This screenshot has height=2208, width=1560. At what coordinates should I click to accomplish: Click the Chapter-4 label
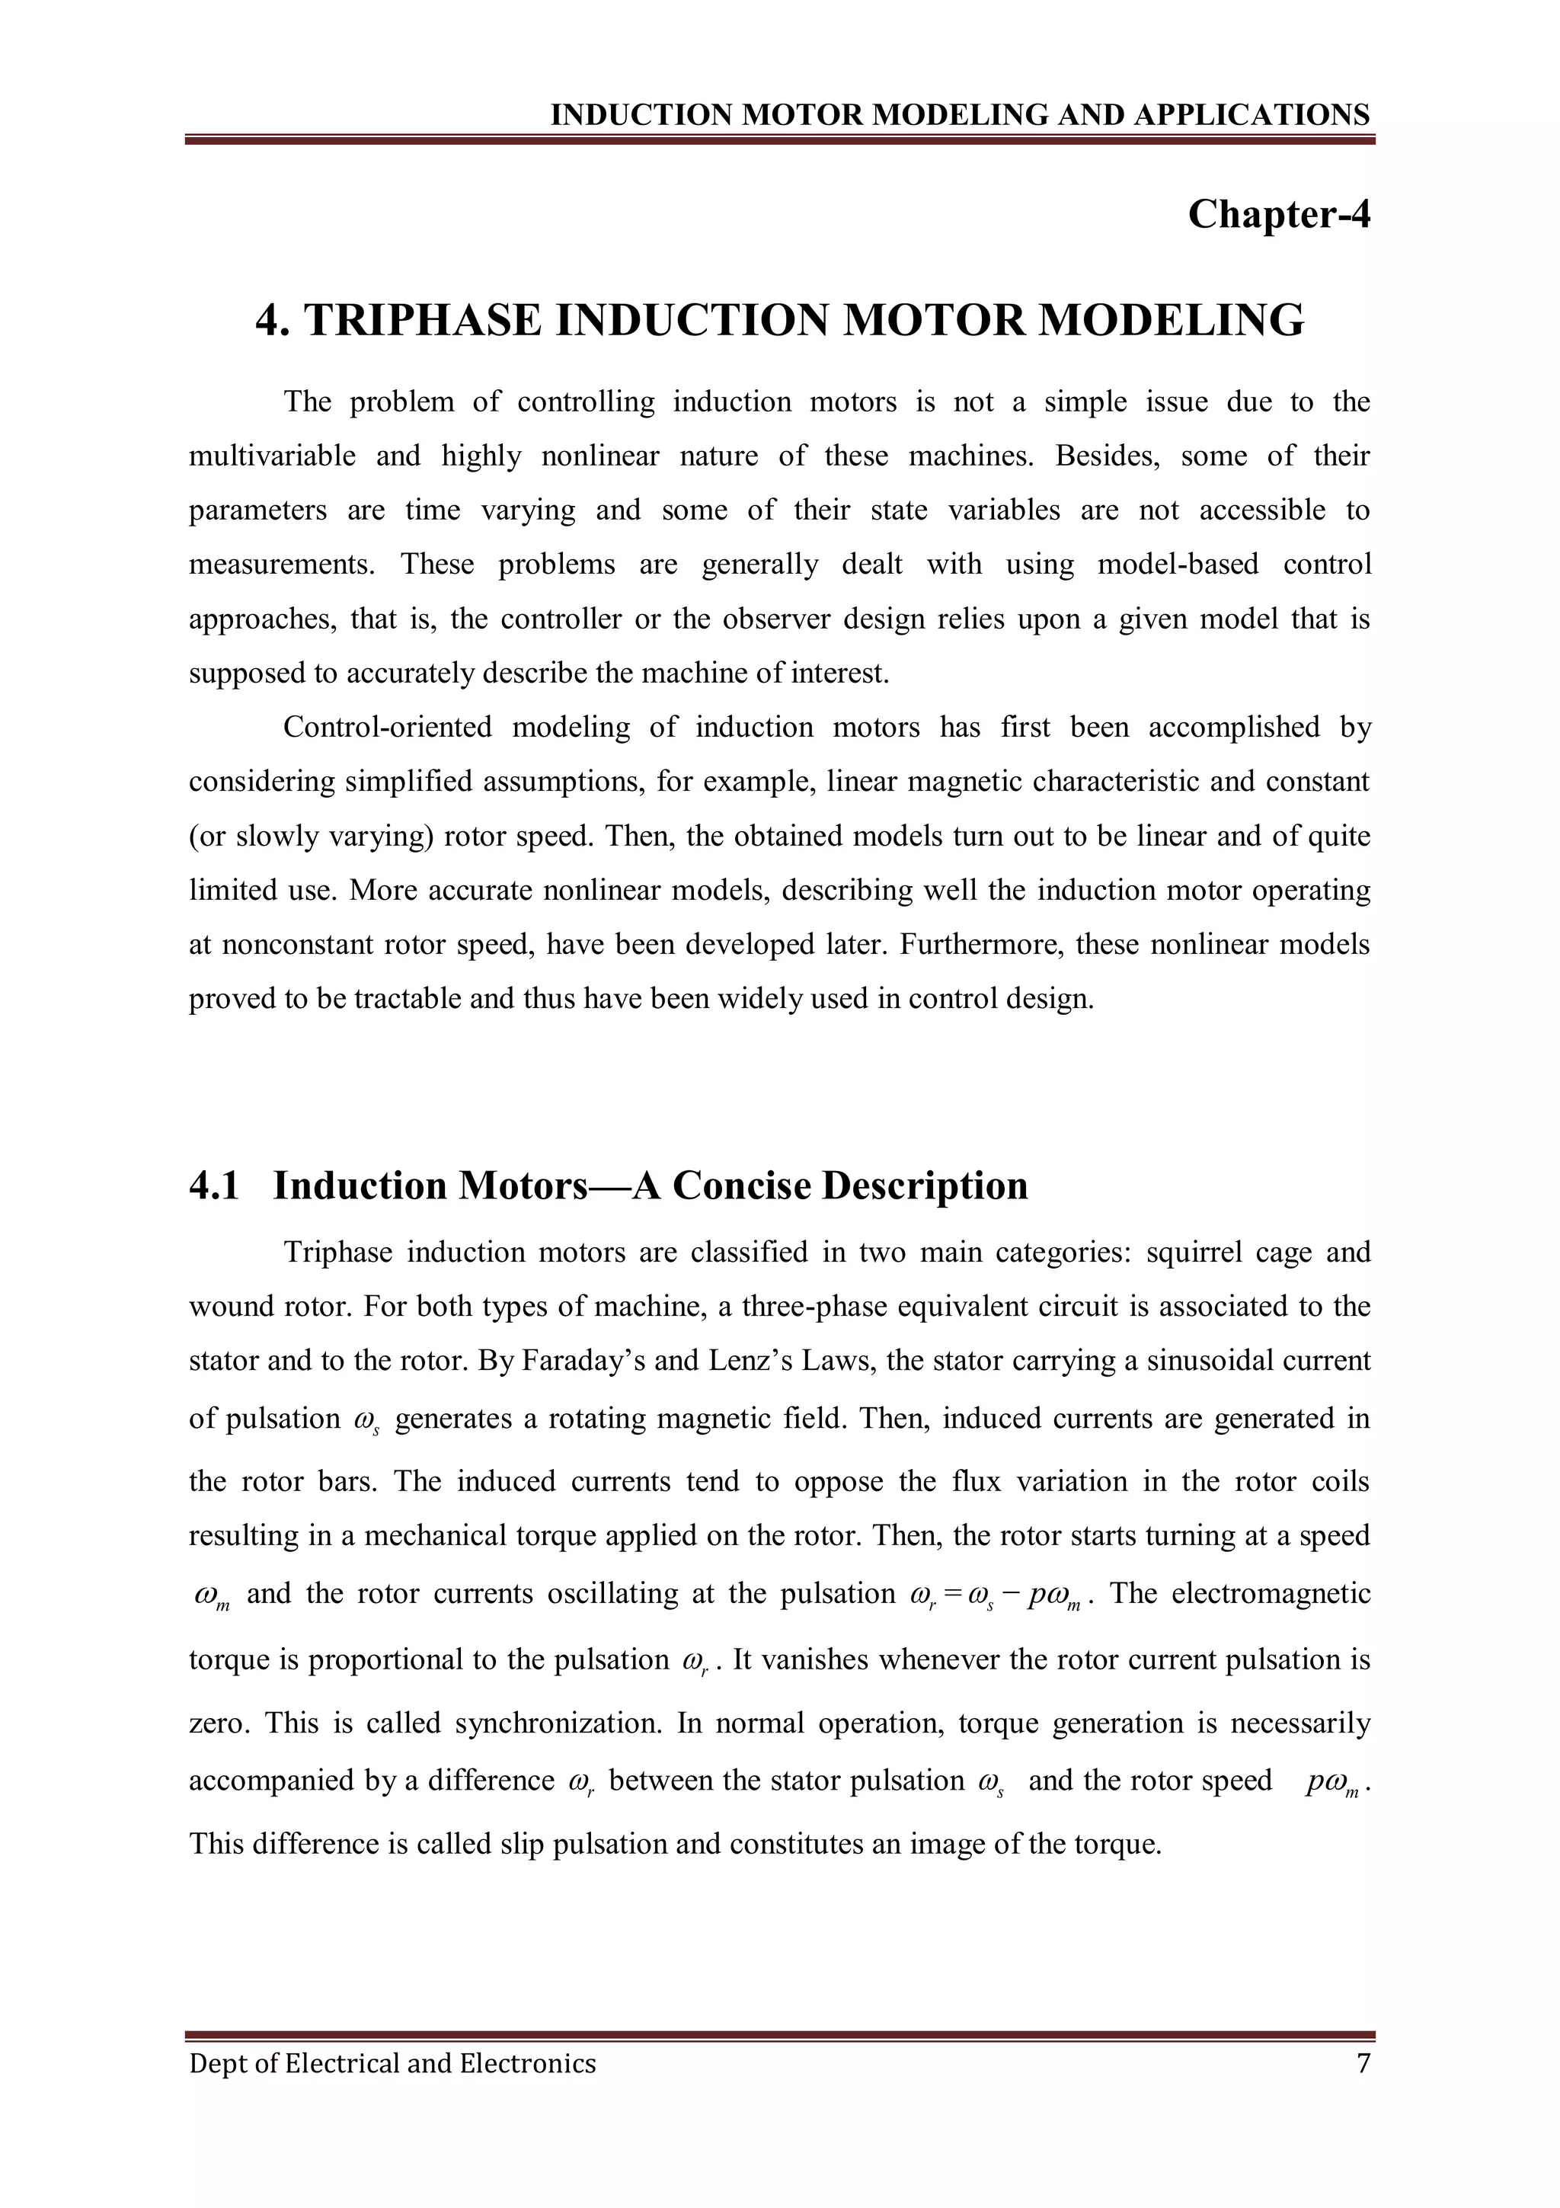tap(1278, 213)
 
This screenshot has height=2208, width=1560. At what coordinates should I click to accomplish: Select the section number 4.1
tap(213, 1186)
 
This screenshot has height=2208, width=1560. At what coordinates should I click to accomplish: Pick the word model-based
tap(1178, 564)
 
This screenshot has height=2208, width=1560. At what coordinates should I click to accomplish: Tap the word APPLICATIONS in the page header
tap(1252, 115)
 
